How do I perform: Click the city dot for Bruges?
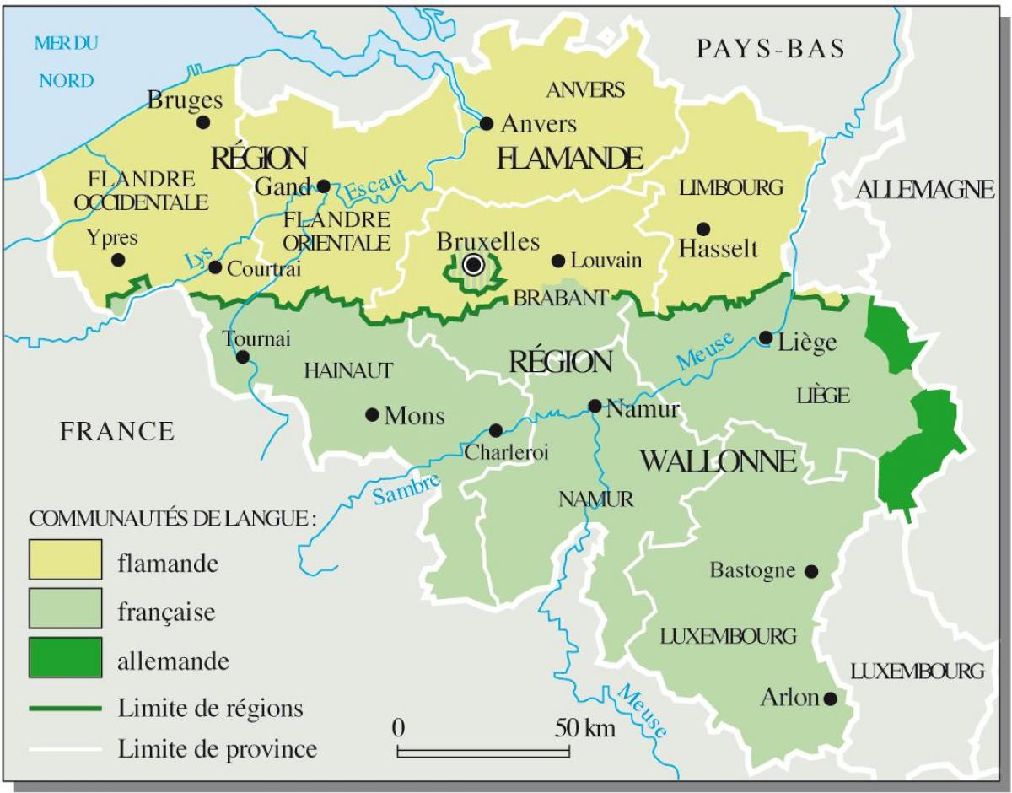[202, 121]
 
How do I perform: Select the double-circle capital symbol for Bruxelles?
[473, 266]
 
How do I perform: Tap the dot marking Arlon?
[831, 699]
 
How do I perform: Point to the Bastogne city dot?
[811, 571]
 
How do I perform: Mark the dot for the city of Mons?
[371, 414]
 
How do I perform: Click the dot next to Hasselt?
[702, 229]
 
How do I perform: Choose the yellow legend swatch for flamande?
[65, 562]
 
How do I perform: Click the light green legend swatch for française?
[65, 611]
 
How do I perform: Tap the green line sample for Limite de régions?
[65, 706]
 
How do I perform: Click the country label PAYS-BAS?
[771, 49]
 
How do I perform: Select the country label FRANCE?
[117, 432]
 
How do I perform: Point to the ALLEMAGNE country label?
[925, 191]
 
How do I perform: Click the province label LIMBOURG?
[731, 187]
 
